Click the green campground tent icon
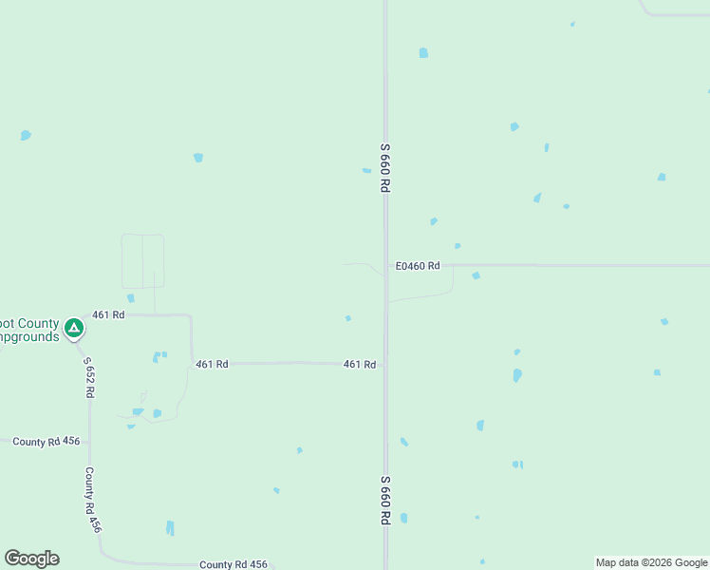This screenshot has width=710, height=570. [x=74, y=329]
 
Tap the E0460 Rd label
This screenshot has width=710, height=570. [x=418, y=266]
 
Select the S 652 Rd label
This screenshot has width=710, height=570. [x=88, y=377]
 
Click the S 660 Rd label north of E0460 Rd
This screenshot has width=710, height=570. [x=385, y=168]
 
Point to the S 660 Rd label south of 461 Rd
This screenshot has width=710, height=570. [x=386, y=500]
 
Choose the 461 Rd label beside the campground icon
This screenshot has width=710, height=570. [x=108, y=314]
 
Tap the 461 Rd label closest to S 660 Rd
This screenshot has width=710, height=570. [x=360, y=364]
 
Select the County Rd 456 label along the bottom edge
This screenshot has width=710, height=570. [x=233, y=564]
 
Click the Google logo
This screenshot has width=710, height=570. [x=31, y=559]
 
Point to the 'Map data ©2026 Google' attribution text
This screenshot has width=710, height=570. [x=651, y=562]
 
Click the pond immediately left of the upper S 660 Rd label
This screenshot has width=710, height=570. [x=366, y=171]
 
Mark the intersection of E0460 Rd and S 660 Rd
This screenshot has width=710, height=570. [x=385, y=266]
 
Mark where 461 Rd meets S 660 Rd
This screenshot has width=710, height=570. [x=385, y=363]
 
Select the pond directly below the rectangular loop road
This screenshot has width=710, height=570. [x=131, y=298]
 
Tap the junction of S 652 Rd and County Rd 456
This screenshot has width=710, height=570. [x=89, y=442]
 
